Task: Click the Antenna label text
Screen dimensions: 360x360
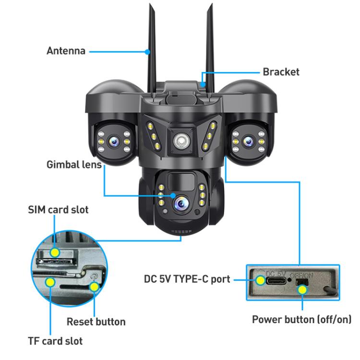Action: pos(66,50)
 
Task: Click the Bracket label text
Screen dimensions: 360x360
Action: pos(281,72)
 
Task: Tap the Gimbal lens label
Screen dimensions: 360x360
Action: pos(74,165)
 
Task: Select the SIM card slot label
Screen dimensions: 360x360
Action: pos(58,210)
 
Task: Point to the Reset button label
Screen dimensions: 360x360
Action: pos(96,322)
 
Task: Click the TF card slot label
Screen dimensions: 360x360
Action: pos(55,341)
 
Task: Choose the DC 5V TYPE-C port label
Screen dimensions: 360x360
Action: pos(187,279)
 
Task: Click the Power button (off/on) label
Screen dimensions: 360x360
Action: pos(301,319)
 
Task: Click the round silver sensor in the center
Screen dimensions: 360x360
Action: pos(180,140)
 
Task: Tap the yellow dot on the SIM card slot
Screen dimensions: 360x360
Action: pos(56,252)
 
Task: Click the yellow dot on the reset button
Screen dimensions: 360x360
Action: pos(95,287)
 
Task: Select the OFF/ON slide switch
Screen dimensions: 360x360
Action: pos(302,288)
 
